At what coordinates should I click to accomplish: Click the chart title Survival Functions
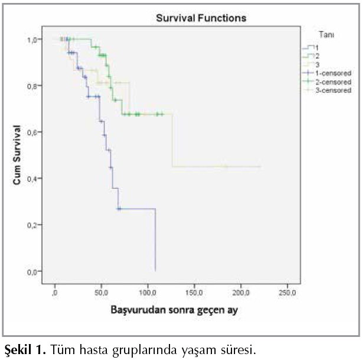pos(201,18)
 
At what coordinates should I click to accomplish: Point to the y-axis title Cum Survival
pos(18,155)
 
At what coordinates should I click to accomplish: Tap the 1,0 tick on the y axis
pos(33,40)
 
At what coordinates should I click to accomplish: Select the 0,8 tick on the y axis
pos(33,86)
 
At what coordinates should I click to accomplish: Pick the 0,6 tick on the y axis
pos(33,132)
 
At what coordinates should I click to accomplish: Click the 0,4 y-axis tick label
pos(33,179)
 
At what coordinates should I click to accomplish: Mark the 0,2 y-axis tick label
pos(33,225)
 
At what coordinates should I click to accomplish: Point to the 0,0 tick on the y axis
pos(33,271)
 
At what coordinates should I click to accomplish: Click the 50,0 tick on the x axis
pos(101,293)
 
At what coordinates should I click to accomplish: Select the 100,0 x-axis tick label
pos(148,293)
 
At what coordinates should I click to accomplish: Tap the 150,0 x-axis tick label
pos(194,293)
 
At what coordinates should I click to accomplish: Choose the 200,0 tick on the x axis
pos(241,293)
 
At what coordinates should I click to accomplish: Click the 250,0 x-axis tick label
pos(288,293)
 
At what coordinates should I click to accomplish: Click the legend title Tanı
pos(325,35)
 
